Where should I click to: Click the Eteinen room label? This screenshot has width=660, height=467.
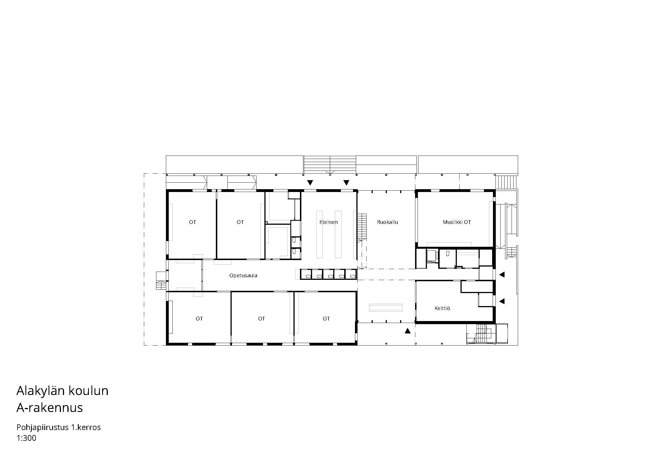pos(328,222)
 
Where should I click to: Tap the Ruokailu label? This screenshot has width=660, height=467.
pos(387,222)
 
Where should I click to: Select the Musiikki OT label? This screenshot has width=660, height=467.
pos(457,222)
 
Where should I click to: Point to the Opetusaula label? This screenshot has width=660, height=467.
pos(243,276)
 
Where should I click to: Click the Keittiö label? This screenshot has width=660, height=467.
pos(442,308)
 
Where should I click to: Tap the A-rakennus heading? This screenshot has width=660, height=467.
pos(50,408)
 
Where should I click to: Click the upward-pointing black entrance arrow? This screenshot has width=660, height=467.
pos(407,331)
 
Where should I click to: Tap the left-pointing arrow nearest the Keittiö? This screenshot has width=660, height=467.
pos(502,301)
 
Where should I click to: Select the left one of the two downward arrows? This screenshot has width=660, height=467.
pos(310,182)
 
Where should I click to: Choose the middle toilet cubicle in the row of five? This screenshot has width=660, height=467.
pos(328,274)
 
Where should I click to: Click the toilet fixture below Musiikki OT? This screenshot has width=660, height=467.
pos(448,254)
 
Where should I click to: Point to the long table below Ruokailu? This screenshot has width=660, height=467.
pos(385,308)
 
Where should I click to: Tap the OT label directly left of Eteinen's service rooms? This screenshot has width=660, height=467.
pos(240,222)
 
